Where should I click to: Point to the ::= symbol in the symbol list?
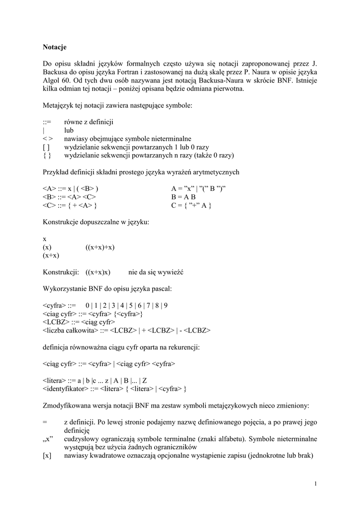point(48,122)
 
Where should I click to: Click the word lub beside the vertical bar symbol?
point(69,130)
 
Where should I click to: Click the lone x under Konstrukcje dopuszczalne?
point(44,239)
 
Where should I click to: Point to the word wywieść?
point(172,272)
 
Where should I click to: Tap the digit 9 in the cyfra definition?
point(166,306)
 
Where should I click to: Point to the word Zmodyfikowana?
point(68,406)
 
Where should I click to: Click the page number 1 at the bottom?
point(316,484)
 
